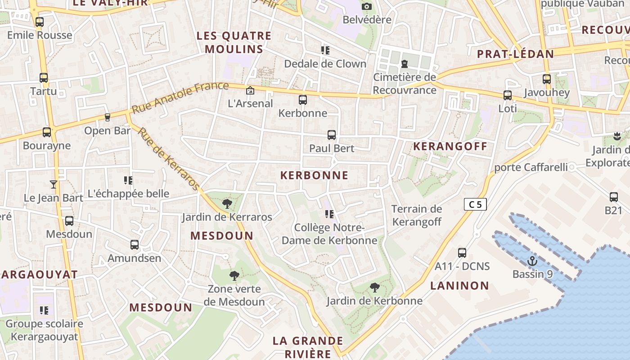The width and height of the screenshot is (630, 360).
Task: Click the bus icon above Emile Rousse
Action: [40, 22]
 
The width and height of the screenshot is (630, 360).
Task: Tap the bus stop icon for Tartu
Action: [44, 78]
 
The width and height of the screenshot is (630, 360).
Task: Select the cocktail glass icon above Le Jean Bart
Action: [54, 184]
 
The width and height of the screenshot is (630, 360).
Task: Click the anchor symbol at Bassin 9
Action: [532, 261]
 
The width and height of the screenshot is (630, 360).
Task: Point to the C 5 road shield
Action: [475, 205]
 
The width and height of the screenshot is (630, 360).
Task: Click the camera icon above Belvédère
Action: [367, 6]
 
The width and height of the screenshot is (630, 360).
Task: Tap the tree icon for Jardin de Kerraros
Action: [227, 204]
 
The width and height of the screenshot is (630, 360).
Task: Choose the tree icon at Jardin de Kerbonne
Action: [374, 287]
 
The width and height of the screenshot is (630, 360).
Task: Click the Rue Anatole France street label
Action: [180, 97]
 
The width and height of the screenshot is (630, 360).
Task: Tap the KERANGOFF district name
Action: [450, 146]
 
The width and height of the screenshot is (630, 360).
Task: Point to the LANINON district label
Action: [459, 286]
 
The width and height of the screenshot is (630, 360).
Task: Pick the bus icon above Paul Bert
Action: [332, 135]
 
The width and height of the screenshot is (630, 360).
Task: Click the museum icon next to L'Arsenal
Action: [250, 90]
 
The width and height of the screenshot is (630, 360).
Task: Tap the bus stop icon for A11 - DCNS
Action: [462, 252]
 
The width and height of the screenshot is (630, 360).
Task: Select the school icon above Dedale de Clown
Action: [325, 50]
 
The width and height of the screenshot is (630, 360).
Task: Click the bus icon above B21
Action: [613, 197]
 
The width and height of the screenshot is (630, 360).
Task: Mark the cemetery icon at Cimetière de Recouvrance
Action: [404, 63]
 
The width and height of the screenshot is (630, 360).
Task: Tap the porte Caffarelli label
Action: [531, 167]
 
